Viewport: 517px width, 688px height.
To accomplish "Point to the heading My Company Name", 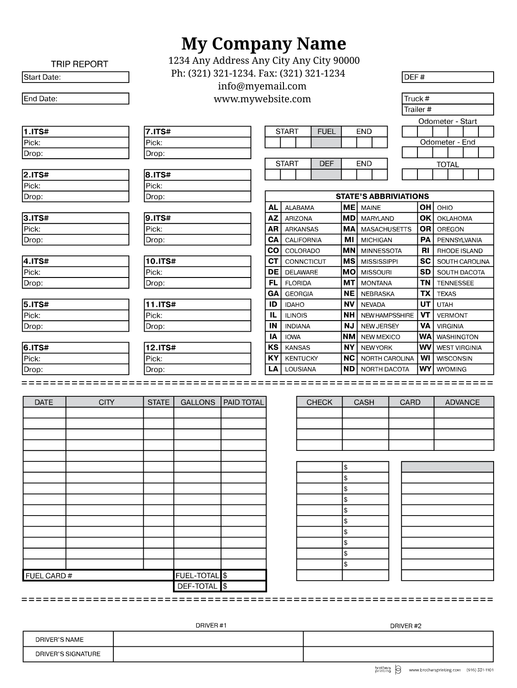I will click(264, 44).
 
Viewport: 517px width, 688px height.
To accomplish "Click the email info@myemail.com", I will click(262, 86).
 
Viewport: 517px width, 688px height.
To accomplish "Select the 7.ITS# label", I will click(158, 132).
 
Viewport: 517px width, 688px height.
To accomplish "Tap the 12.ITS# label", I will click(161, 348).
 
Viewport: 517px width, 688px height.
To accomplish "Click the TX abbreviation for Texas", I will click(425, 294).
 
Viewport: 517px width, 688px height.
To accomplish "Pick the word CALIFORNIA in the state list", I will click(303, 240).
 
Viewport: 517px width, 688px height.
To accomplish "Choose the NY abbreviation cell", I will click(349, 348).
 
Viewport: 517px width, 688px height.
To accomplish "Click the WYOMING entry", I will click(451, 369).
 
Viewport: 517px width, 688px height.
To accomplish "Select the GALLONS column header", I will click(198, 402).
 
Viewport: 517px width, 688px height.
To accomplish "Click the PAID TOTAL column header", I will click(244, 402).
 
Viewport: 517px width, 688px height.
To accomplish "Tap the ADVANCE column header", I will click(462, 402).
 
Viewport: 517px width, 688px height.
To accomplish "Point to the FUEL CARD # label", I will click(49, 576).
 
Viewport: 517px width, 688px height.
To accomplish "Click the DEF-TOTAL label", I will click(197, 586).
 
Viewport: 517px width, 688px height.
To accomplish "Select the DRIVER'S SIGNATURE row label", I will click(68, 654).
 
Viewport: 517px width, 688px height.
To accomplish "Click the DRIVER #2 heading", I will click(406, 626).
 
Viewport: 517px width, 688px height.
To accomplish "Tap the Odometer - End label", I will click(447, 142).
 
